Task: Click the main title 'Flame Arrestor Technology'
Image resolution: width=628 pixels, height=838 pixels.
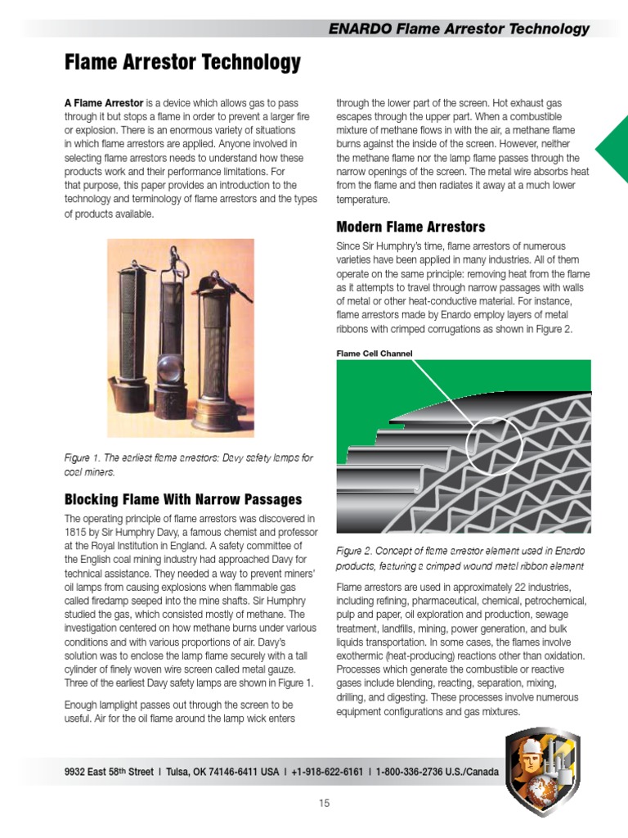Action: click(x=182, y=62)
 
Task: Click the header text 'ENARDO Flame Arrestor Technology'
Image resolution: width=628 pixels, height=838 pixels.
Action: click(x=458, y=29)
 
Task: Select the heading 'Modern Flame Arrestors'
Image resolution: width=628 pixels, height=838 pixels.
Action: click(x=410, y=227)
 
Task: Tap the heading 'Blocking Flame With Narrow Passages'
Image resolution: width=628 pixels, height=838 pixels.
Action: click(x=183, y=499)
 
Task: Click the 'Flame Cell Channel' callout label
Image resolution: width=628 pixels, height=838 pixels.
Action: click(x=375, y=354)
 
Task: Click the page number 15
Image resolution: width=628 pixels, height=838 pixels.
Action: click(x=325, y=803)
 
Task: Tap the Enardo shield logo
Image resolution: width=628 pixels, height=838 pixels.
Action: click(x=542, y=772)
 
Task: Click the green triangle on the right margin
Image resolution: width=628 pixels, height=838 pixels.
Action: click(x=613, y=148)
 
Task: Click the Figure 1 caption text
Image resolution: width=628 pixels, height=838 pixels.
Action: click(x=188, y=465)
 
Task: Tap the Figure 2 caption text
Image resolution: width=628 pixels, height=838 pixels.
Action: click(x=460, y=558)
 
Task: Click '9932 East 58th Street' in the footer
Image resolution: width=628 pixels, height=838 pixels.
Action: click(x=108, y=772)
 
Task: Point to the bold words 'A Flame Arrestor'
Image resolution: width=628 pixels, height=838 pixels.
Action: click(x=104, y=104)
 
